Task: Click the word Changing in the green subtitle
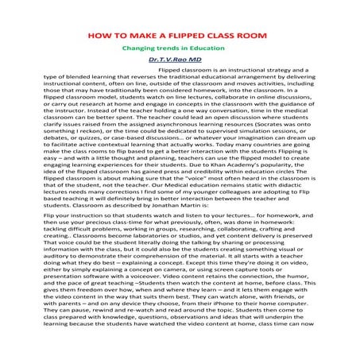(x=139, y=48)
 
